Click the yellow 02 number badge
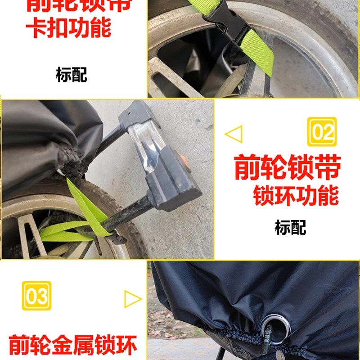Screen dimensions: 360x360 pyautogui.click(x=322, y=131)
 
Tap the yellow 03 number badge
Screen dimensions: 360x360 pyautogui.click(x=36, y=296)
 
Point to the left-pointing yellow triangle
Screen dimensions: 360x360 pyautogui.click(x=233, y=134)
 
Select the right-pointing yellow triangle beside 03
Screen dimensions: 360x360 pyautogui.click(x=133, y=298)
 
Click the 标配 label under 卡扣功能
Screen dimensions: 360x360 pyautogui.click(x=71, y=74)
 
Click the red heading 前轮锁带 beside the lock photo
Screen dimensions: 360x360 pyautogui.click(x=287, y=167)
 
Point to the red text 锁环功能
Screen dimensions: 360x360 pyautogui.click(x=296, y=197)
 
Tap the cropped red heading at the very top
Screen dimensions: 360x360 pyautogui.click(x=79, y=5)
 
